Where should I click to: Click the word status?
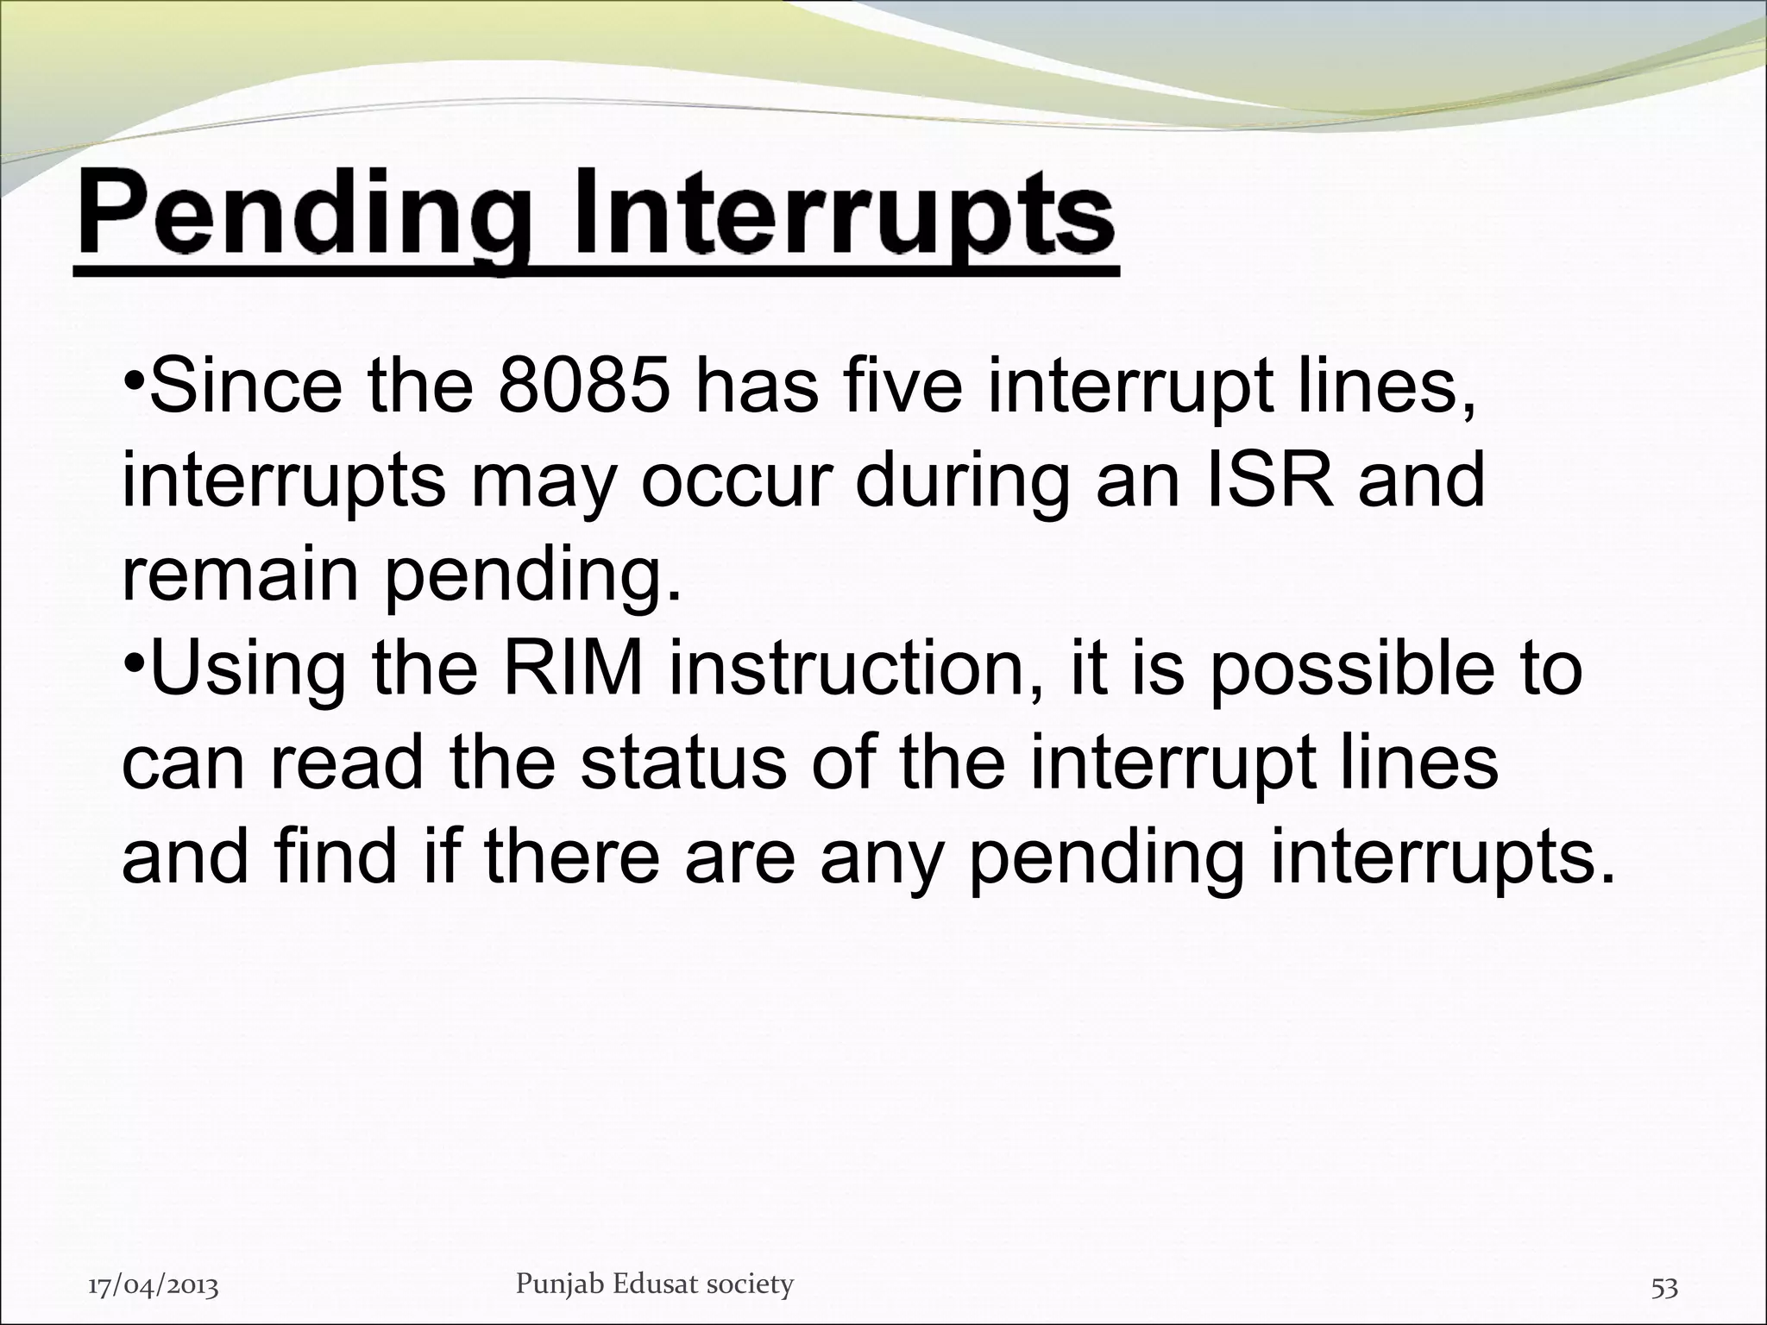[682, 763]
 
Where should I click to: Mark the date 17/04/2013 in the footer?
[154, 1287]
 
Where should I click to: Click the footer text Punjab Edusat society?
[654, 1284]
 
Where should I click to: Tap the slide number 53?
[1664, 1287]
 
